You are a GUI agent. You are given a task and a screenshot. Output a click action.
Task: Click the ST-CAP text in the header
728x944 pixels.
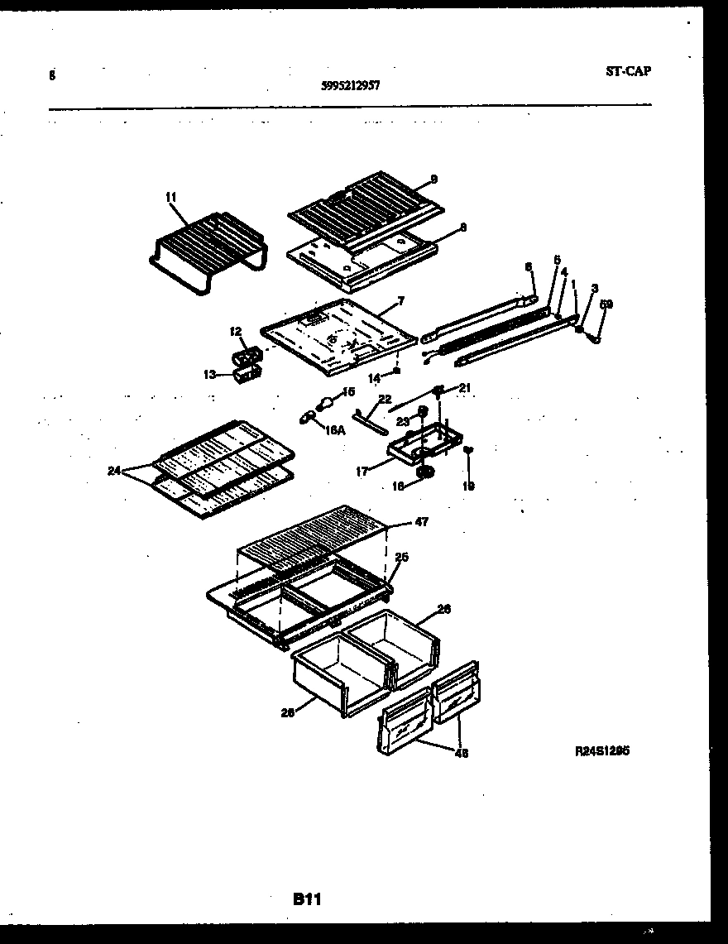coord(628,71)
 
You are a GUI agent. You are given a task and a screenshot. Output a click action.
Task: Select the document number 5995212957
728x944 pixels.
coord(350,84)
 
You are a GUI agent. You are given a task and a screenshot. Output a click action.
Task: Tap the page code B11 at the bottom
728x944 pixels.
coord(306,899)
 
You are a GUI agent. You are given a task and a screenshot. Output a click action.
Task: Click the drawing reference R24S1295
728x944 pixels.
coord(602,751)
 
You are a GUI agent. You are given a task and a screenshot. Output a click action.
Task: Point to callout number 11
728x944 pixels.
coord(170,197)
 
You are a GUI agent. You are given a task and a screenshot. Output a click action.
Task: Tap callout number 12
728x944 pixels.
coord(236,332)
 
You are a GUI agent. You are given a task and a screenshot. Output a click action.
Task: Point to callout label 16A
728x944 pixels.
coord(335,430)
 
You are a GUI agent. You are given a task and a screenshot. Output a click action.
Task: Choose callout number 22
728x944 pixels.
coord(384,399)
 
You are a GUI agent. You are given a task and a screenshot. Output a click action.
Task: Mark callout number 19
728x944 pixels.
coord(468,486)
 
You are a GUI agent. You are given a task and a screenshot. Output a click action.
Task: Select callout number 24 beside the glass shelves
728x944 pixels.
coord(113,471)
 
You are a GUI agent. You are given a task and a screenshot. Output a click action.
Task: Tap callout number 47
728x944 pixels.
coord(422,522)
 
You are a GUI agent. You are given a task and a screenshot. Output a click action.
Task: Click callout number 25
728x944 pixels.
coord(401,557)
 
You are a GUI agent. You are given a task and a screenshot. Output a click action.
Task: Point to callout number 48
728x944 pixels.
coord(460,753)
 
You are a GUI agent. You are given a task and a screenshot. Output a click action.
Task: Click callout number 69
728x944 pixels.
coord(606,305)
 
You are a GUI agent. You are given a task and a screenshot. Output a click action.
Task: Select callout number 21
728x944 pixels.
coord(464,388)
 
